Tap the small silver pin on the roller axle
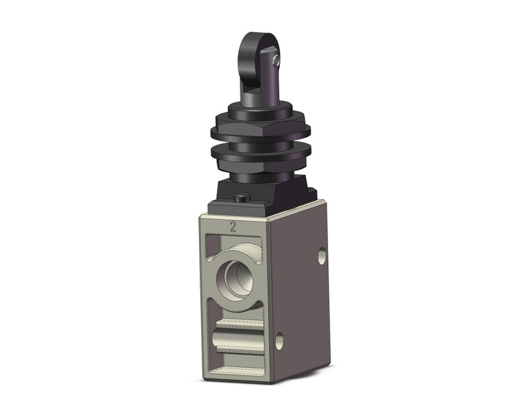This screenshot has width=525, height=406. pos(276,63)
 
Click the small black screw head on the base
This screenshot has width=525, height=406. pos(242,198)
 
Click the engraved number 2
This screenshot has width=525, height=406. pos(233,225)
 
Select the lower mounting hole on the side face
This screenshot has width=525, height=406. pos(279,340)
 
